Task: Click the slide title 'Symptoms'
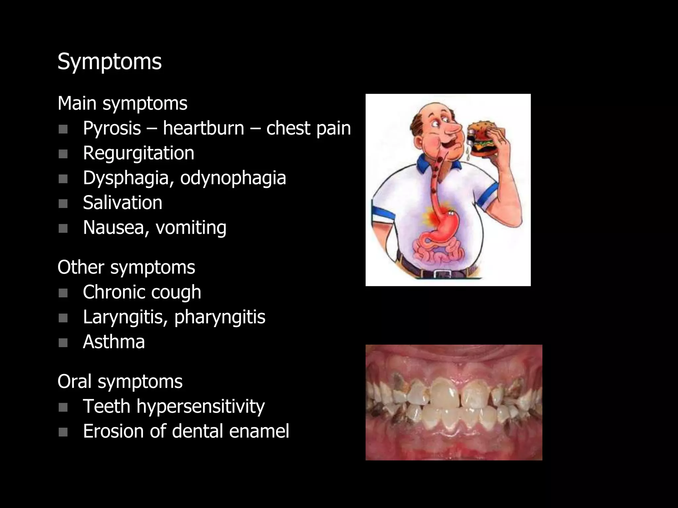pyautogui.click(x=110, y=62)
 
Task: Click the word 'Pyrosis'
pyautogui.click(x=112, y=128)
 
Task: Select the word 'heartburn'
pyautogui.click(x=203, y=128)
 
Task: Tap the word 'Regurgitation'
pyautogui.click(x=138, y=153)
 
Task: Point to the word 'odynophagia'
pyautogui.click(x=233, y=178)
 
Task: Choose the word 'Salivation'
pyautogui.click(x=122, y=203)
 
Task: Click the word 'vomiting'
pyautogui.click(x=191, y=228)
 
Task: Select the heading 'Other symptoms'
pyautogui.click(x=126, y=267)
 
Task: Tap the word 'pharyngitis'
pyautogui.click(x=220, y=317)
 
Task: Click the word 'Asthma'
pyautogui.click(x=114, y=342)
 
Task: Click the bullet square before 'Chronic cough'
pyautogui.click(x=63, y=293)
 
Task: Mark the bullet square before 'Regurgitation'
pyautogui.click(x=63, y=154)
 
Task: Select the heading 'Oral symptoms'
pyautogui.click(x=120, y=381)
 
